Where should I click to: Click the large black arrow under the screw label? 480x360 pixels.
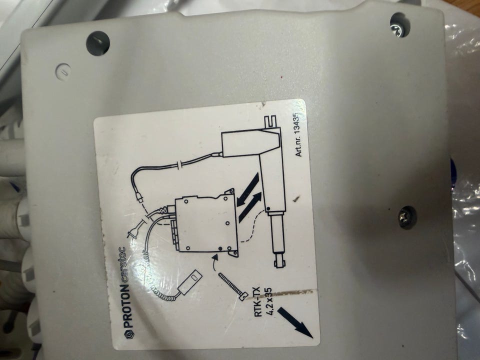[x=295, y=322]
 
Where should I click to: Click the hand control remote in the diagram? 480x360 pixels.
[x=188, y=280]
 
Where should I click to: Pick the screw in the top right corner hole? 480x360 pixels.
[x=399, y=24]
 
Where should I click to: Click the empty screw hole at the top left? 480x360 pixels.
[x=97, y=42]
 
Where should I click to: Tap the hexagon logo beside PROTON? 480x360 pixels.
[x=128, y=334]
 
